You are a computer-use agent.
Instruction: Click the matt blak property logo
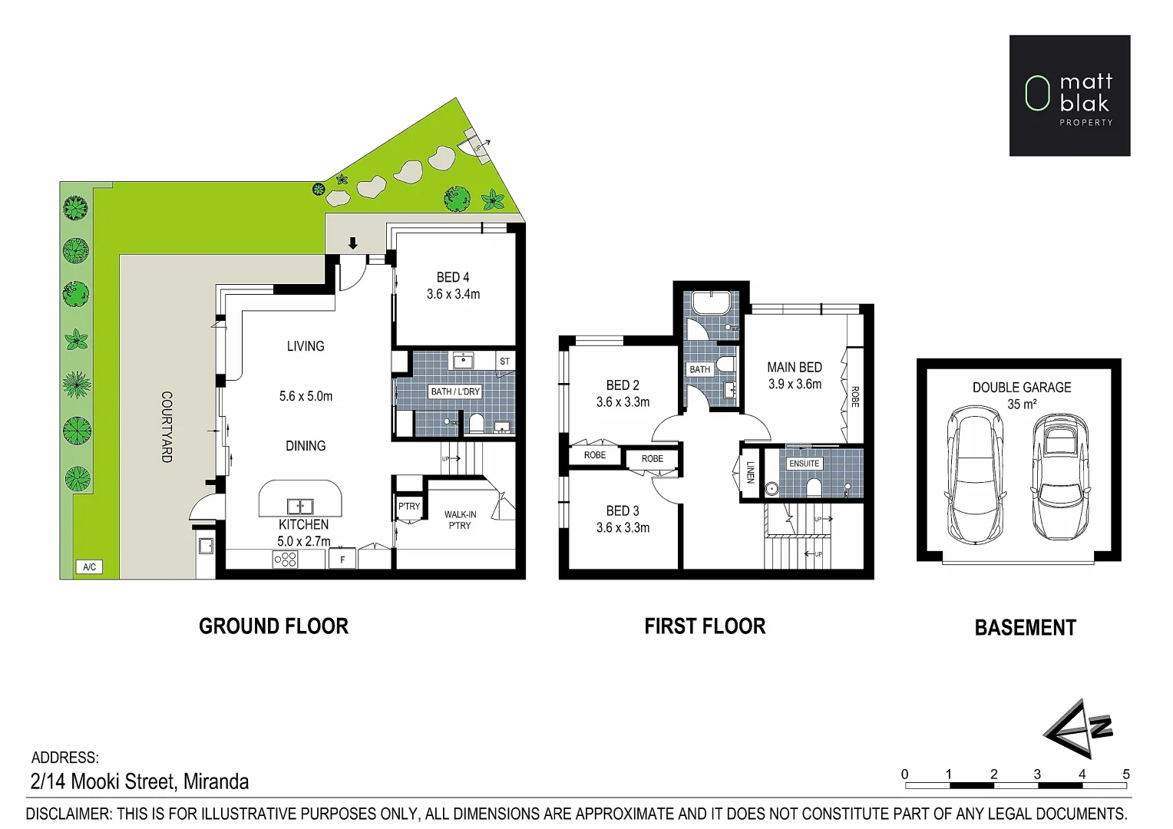(x=1069, y=95)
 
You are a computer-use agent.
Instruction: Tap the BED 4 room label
(x=453, y=277)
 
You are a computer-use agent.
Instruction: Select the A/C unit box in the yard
(x=89, y=567)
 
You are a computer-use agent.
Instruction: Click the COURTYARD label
(x=167, y=427)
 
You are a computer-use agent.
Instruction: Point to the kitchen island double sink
(x=299, y=507)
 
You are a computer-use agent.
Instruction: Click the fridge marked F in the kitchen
(x=342, y=560)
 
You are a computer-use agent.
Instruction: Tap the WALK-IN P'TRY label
(x=460, y=520)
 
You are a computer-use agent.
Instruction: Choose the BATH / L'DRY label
(x=455, y=391)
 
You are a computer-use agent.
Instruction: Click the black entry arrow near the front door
(x=353, y=243)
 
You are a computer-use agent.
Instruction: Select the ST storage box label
(x=504, y=361)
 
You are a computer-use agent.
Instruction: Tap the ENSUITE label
(x=804, y=464)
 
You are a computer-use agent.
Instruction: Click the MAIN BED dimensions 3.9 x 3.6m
(x=795, y=385)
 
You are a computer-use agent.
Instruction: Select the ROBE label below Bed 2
(x=595, y=455)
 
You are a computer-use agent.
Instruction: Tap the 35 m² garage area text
(x=1021, y=405)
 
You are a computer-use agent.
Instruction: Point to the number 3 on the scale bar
(x=1037, y=774)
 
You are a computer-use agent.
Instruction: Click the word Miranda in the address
(x=216, y=782)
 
